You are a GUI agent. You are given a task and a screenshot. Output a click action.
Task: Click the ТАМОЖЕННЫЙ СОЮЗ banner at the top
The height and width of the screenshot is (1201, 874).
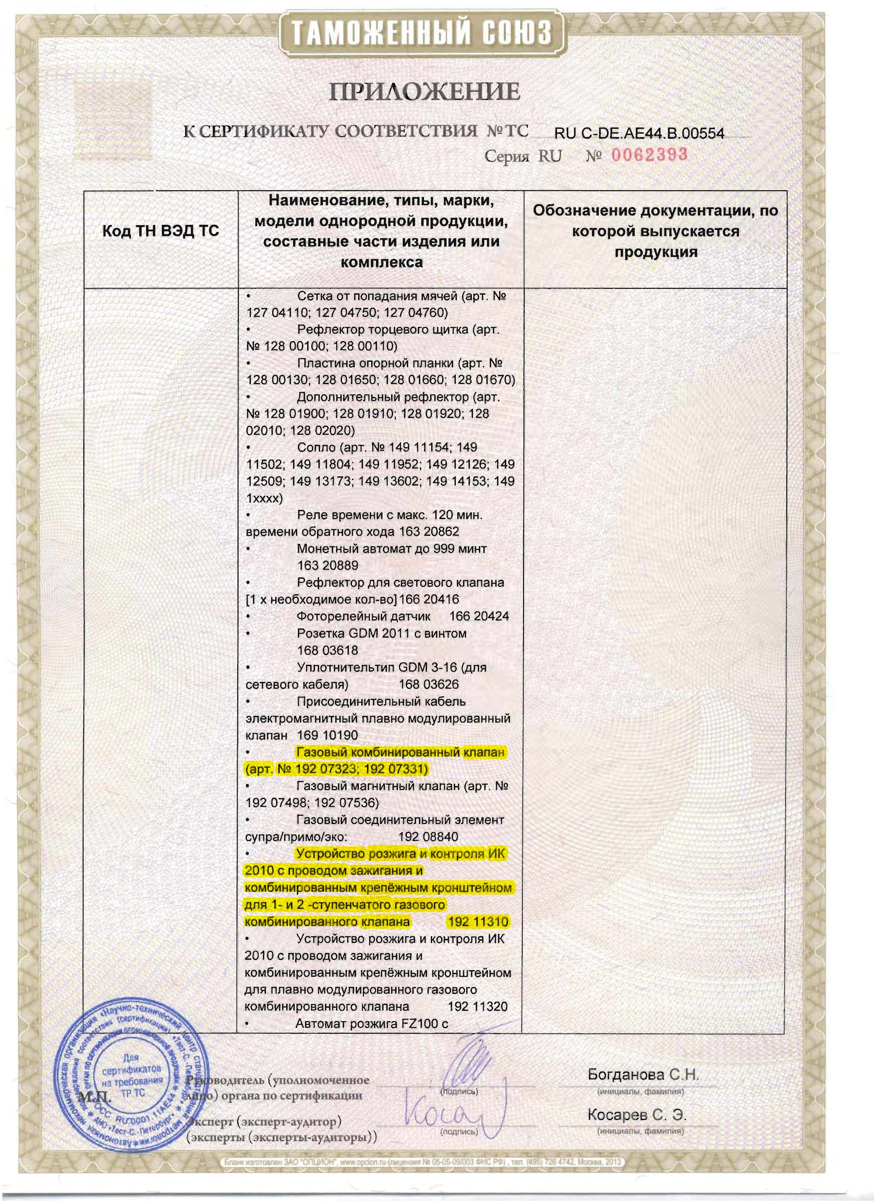coord(422,33)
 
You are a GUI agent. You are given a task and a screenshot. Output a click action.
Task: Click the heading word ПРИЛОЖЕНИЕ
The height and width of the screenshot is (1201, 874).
coord(424,91)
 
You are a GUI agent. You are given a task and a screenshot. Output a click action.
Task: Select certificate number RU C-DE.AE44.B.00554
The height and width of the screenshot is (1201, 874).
coord(639,133)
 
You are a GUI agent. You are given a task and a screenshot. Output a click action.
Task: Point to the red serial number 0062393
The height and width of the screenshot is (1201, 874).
coord(650,155)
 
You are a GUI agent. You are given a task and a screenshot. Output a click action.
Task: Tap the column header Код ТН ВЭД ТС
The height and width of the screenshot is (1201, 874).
coord(160,231)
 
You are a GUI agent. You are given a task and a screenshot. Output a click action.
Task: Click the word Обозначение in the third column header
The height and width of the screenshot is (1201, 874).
coord(584,211)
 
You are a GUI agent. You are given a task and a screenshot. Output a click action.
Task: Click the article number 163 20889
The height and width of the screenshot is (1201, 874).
coord(328,566)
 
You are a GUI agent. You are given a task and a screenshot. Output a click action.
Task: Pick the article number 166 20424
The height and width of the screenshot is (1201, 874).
coord(479,616)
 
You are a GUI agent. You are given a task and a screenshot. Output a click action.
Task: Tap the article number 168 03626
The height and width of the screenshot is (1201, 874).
coord(428,684)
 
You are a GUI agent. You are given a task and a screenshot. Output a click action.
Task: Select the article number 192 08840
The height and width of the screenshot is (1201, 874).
coord(428,837)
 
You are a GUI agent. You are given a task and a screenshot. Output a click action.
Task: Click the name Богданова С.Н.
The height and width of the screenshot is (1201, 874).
coord(643,1075)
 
